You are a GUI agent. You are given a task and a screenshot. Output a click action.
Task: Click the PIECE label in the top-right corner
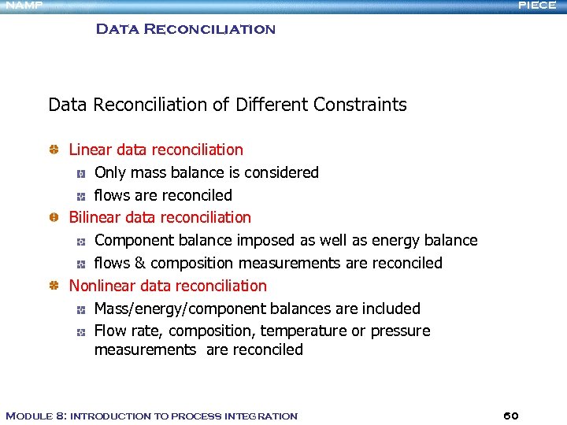pos(537,6)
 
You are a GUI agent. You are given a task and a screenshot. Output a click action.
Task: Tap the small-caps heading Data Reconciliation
pos(185,30)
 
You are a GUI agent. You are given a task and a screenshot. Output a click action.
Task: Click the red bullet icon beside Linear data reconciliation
pos(54,150)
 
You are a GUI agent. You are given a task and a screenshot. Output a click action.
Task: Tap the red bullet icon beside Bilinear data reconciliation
pos(54,217)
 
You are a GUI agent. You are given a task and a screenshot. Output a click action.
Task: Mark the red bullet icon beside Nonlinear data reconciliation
pos(54,286)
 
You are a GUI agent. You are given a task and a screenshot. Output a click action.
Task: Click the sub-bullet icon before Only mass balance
pos(80,172)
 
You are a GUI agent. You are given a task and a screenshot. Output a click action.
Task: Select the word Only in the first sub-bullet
pos(109,172)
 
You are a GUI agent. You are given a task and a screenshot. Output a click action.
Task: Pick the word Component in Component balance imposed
pos(132,240)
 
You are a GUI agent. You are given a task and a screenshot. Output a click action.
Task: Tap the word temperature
pos(302,331)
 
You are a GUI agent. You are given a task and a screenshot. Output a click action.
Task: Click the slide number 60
pos(510,416)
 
